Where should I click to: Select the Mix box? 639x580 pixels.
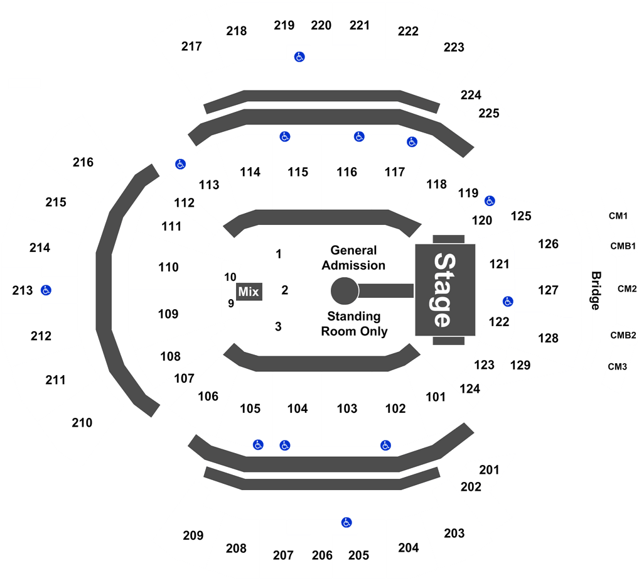coord(249,292)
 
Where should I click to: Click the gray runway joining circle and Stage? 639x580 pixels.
coord(386,291)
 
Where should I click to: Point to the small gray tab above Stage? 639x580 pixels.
coord(448,239)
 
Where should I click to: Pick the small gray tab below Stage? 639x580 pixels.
coord(448,341)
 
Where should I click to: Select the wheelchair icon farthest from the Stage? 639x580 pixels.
coord(46,290)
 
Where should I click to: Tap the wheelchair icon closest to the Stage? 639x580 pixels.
coord(507,302)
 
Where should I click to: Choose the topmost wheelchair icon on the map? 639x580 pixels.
coord(299,57)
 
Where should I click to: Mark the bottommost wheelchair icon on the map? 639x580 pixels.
coord(346,522)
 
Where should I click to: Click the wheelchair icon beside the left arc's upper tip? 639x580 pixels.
coord(180,164)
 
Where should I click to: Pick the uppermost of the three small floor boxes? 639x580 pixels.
coord(278,254)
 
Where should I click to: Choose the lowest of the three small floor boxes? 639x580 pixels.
coord(278,327)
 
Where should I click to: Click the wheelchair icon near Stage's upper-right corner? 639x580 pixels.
coord(489,201)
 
